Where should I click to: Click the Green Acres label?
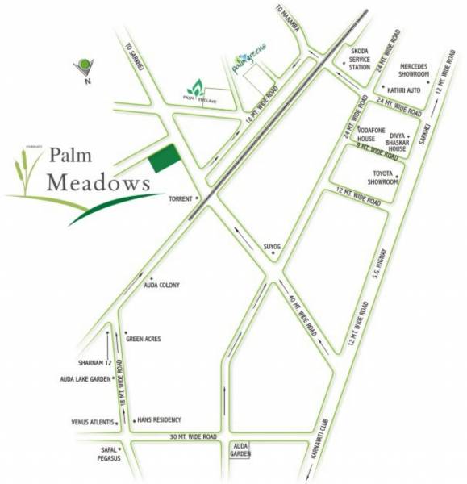144,340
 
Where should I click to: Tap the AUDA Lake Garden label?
85,378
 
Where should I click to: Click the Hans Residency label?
160,420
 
